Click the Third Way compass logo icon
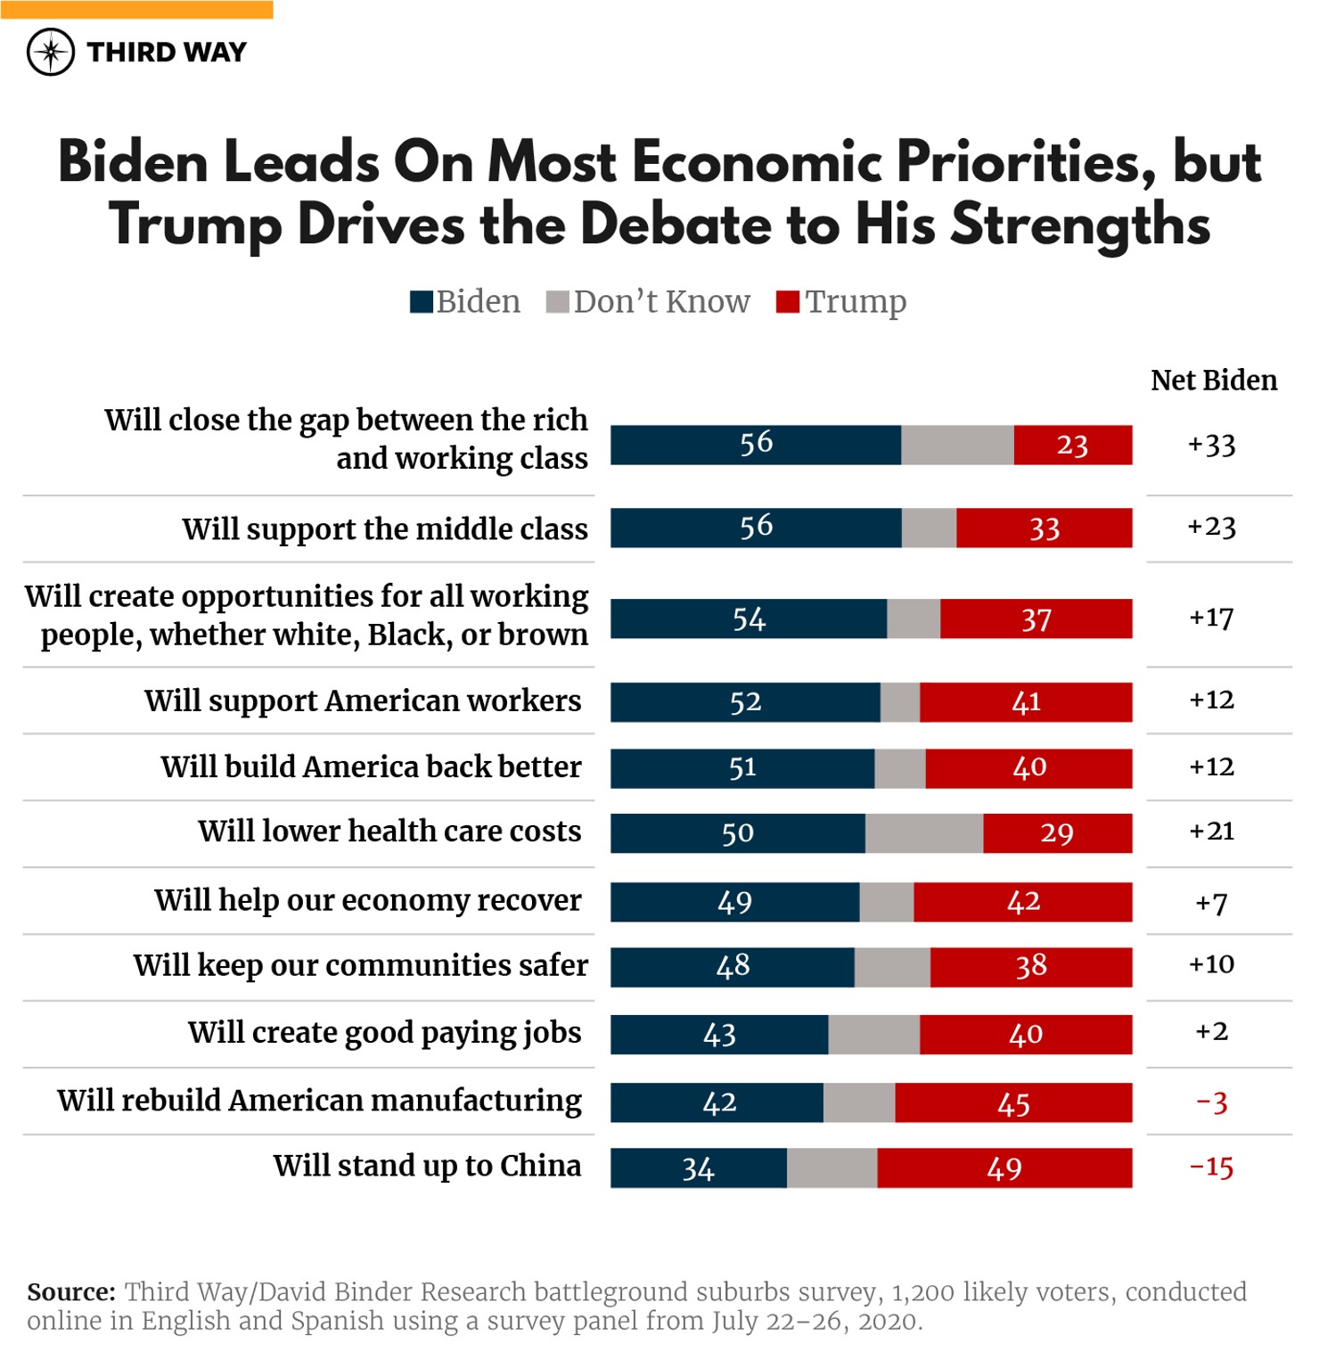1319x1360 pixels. [51, 52]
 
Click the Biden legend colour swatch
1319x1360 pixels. [421, 302]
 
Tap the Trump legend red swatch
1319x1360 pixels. [787, 302]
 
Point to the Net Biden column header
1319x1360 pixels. [1213, 381]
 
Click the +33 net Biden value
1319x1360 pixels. [1211, 445]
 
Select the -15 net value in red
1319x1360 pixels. [1211, 1167]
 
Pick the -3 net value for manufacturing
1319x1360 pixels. [1211, 1102]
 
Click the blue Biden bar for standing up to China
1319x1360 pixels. [698, 1167]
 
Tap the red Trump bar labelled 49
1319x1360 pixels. [1004, 1167]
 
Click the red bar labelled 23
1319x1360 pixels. [1072, 445]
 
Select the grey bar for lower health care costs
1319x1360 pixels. [923, 832]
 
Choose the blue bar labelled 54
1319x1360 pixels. [749, 619]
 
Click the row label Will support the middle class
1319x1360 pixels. [385, 528]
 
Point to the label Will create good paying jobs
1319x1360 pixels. [384, 1032]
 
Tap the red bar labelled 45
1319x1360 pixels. [1013, 1102]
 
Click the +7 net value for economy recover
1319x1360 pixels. [1211, 903]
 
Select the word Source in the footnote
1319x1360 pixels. [70, 1291]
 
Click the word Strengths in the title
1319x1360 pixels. [1080, 225]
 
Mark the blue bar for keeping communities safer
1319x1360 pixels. [732, 967]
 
